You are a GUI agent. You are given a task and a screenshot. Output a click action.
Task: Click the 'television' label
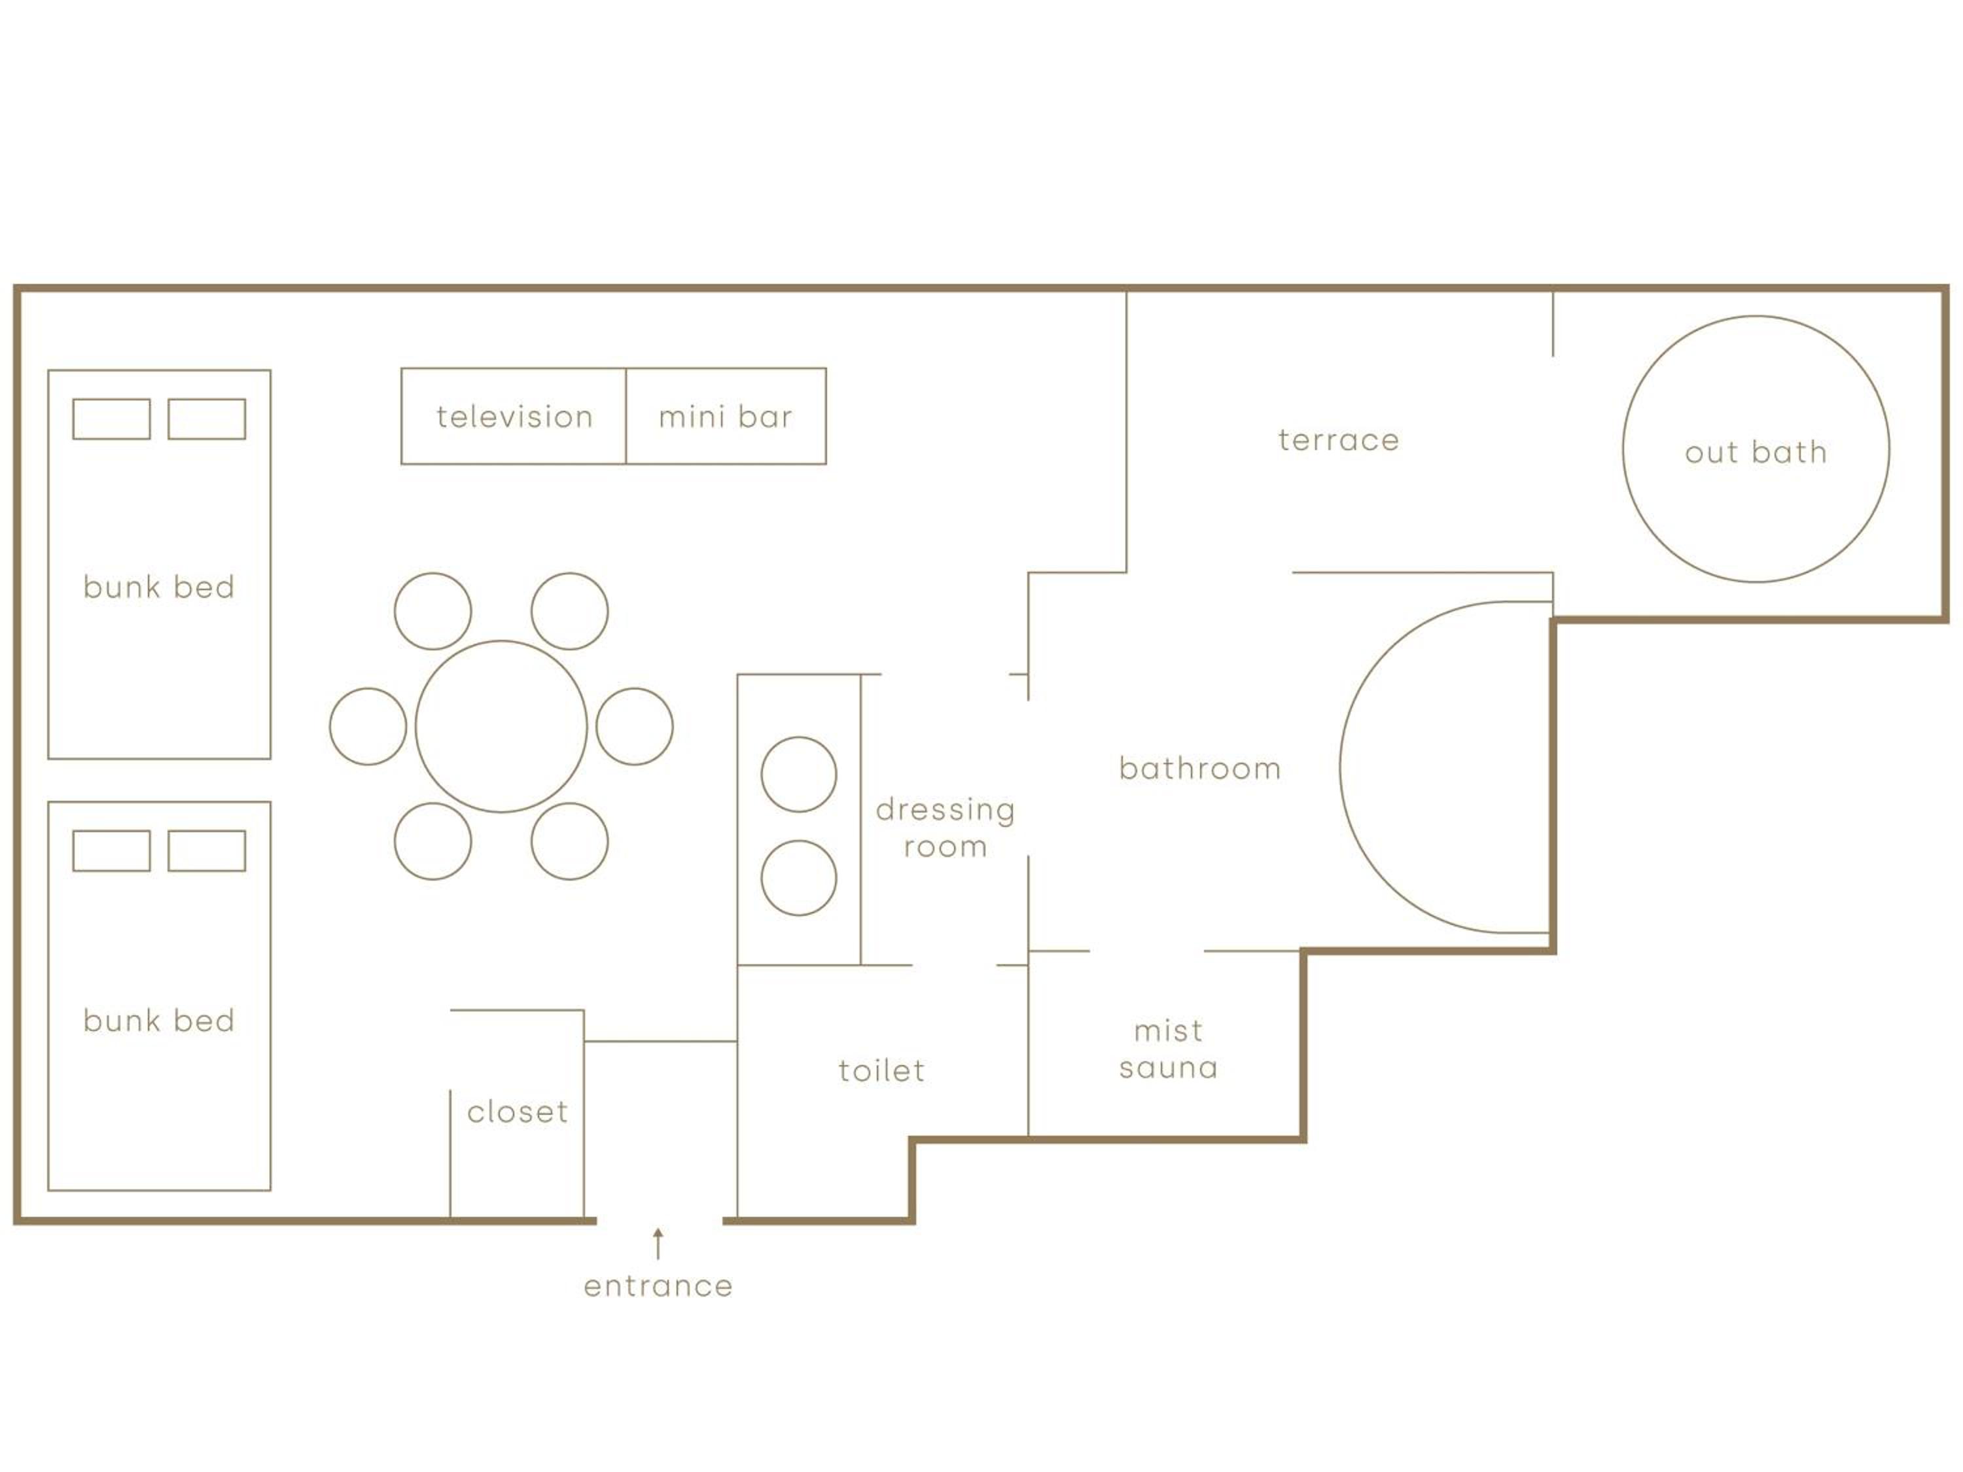515,417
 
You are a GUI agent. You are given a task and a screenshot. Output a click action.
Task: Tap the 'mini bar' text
726,417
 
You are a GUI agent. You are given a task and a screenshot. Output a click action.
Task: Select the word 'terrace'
1338,441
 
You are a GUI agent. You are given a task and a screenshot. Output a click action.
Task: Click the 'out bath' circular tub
1623,449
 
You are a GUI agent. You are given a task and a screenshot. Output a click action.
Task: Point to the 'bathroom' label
1200,769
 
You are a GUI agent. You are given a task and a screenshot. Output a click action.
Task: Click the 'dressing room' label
945,827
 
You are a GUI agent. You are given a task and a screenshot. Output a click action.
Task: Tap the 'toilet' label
881,1070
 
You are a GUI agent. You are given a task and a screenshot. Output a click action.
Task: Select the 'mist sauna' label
1168,1049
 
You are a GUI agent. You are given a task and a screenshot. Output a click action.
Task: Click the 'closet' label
518,1111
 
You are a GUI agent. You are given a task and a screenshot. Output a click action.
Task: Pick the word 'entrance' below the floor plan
658,1287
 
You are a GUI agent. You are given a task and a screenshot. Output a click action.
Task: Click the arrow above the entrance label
658,1244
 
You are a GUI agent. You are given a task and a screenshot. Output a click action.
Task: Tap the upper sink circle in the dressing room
762,775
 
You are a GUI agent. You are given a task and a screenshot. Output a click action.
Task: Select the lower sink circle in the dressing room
762,877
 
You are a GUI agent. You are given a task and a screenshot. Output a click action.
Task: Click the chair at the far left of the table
330,726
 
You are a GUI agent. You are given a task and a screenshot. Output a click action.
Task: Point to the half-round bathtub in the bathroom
1340,767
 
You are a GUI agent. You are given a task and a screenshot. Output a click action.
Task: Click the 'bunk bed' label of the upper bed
159,586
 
